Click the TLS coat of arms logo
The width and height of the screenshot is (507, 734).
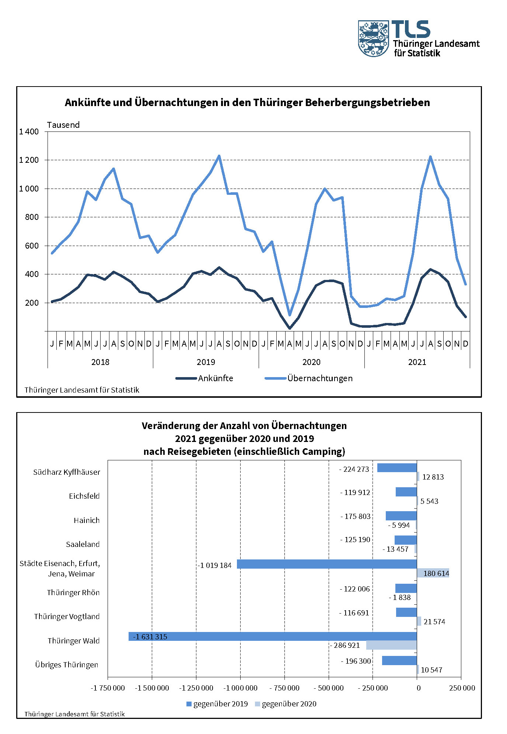tap(374, 39)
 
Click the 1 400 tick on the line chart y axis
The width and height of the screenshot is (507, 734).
tap(29, 132)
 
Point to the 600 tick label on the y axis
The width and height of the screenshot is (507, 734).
tap(32, 246)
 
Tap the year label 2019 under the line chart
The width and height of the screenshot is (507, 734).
tap(206, 362)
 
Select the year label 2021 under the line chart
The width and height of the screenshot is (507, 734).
tap(417, 362)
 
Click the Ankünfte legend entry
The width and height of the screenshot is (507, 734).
tap(204, 378)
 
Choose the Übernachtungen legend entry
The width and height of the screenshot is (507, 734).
tap(309, 378)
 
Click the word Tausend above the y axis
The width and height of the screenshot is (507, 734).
tap(63, 125)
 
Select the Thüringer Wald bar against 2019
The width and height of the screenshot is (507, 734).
tap(273, 636)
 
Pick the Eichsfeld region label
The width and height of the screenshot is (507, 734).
tap(84, 496)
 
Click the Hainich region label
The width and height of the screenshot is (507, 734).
tap(87, 520)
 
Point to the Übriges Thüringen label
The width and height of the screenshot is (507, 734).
tap(67, 665)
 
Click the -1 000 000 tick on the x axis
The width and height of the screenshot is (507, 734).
tap(240, 688)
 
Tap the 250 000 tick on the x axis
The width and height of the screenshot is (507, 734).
tap(462, 688)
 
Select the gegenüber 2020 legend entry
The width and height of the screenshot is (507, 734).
tap(286, 704)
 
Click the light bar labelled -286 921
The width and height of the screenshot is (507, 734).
tap(391, 645)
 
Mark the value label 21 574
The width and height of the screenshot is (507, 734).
tap(434, 622)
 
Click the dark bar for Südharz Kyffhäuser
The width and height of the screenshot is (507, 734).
tap(397, 468)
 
